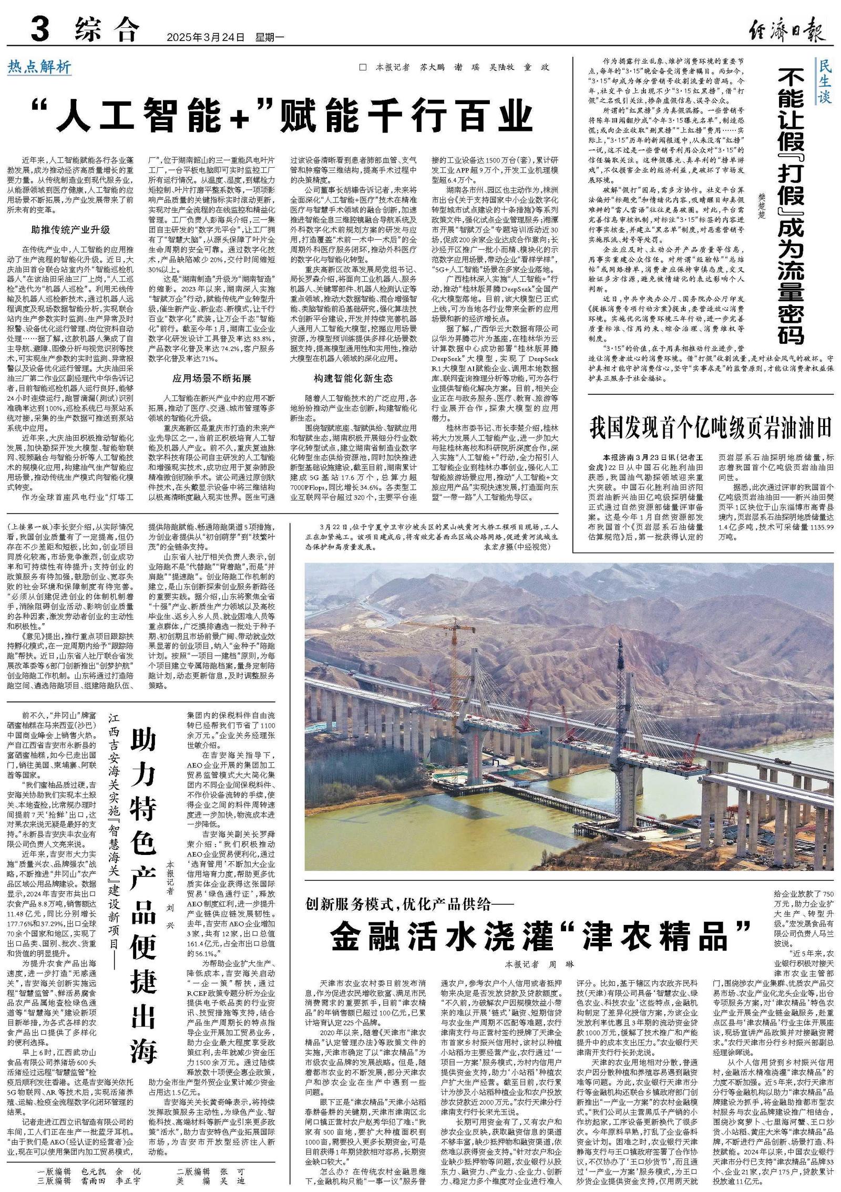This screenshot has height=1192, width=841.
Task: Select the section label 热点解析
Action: click(39, 67)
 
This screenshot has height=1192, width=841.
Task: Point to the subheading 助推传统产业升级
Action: click(70, 230)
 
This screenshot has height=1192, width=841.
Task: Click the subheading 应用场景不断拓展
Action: click(212, 378)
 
